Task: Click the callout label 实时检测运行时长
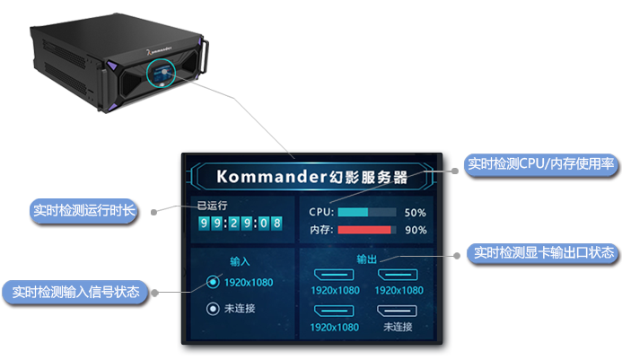pos(83,211)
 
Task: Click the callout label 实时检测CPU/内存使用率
pos(540,165)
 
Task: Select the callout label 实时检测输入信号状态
pos(75,292)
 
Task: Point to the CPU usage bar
pos(365,213)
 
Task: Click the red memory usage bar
pos(365,230)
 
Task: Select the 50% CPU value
pos(415,214)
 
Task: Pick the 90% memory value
pos(415,231)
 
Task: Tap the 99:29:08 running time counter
pos(240,223)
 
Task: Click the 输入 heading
pos(240,262)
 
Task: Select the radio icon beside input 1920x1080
pos(213,282)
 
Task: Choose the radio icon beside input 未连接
pos(213,309)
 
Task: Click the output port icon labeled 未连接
pos(396,311)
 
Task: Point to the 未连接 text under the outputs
pos(397,327)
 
